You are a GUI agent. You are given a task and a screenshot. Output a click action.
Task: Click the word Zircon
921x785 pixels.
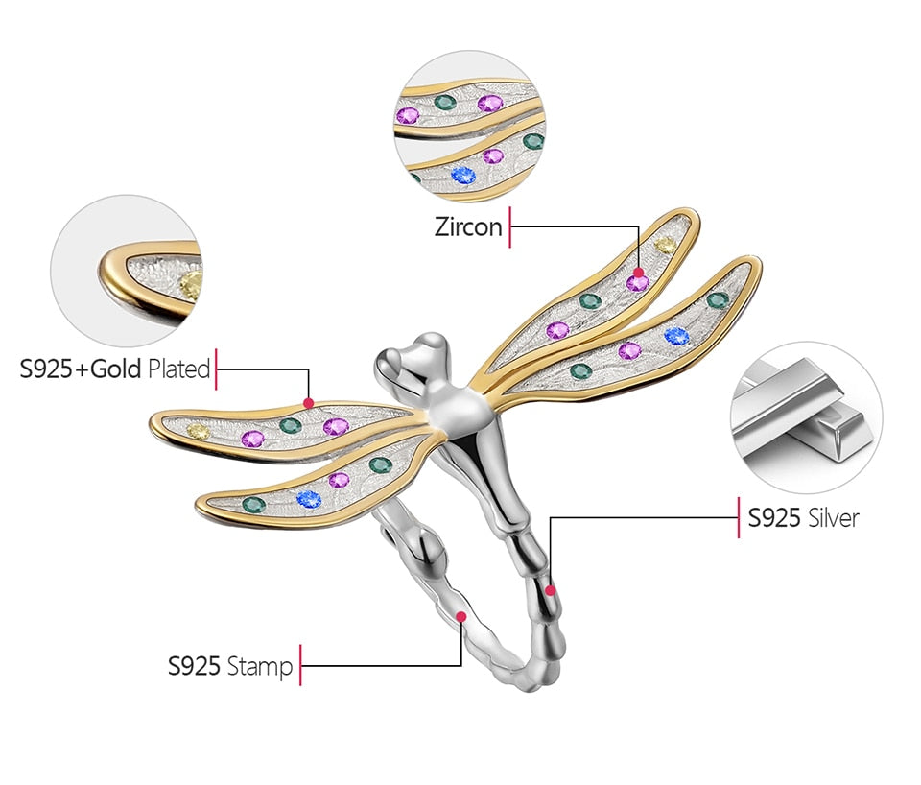[x=467, y=227]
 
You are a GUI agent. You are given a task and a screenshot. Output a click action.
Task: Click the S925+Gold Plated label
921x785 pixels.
[x=115, y=369]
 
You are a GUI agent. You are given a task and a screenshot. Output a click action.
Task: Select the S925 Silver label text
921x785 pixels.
[x=803, y=518]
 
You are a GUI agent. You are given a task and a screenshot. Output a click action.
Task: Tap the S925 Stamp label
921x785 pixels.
[x=230, y=665]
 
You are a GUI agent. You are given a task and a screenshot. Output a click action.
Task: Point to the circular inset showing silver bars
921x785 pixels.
[x=805, y=417]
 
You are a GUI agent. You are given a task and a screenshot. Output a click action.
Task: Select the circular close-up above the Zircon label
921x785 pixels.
[x=469, y=127]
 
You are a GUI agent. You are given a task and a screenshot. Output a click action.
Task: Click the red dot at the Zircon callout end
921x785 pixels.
[x=639, y=273]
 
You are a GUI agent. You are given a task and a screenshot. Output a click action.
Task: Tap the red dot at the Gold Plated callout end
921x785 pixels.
[x=308, y=403]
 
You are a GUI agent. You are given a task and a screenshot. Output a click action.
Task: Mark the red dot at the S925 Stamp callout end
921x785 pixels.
[x=461, y=616]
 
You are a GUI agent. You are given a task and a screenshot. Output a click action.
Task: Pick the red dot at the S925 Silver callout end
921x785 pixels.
[x=550, y=590]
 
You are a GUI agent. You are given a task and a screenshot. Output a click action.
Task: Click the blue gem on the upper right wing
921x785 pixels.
[x=676, y=336]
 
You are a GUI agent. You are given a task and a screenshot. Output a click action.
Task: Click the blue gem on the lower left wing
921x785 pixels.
[x=308, y=498]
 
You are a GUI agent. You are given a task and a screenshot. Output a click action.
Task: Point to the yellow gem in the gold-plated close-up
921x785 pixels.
[x=191, y=282]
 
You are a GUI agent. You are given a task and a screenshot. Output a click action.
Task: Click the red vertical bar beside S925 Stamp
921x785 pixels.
[x=300, y=664]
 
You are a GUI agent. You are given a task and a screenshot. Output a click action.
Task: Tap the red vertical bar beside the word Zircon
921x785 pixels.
[x=510, y=227]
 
